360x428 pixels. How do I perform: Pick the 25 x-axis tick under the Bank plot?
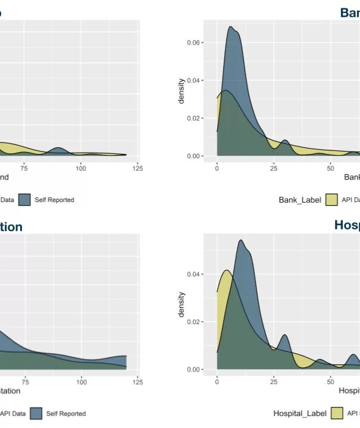(274, 168)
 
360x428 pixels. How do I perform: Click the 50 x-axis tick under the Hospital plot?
(330, 382)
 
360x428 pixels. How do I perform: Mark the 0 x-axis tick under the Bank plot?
(217, 168)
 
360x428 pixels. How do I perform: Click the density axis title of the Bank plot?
(182, 91)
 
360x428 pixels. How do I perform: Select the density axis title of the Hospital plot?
(182, 304)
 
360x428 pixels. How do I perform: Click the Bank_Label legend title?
(300, 200)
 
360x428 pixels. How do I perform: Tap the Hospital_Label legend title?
(300, 413)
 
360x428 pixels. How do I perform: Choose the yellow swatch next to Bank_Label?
(331, 200)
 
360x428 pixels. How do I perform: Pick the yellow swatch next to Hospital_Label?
(337, 413)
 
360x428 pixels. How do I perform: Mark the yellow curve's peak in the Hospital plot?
(227, 270)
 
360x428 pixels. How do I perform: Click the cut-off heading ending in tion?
(11, 227)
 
